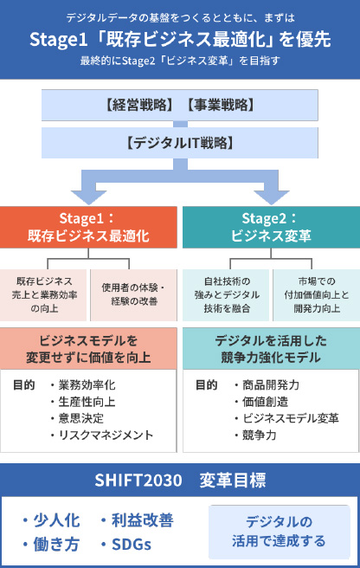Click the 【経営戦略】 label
point(138,105)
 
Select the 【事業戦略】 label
point(221,105)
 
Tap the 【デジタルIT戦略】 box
point(180,143)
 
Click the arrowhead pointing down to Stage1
point(88,197)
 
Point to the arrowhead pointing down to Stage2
point(271,197)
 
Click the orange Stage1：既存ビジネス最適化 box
point(88,227)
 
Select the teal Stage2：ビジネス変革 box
point(271,227)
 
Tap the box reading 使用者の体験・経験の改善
point(133,295)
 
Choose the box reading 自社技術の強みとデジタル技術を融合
point(226,295)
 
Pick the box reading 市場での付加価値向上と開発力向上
point(316,295)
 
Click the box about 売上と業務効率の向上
point(43,295)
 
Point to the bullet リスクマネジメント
point(102,435)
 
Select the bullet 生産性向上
point(83,402)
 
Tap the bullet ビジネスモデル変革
point(286,418)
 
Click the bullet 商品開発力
point(267,384)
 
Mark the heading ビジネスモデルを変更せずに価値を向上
point(88,349)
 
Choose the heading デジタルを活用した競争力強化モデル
point(271,349)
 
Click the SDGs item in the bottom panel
point(126,544)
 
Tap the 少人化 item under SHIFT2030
point(51,520)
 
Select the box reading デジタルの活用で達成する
point(280,532)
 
